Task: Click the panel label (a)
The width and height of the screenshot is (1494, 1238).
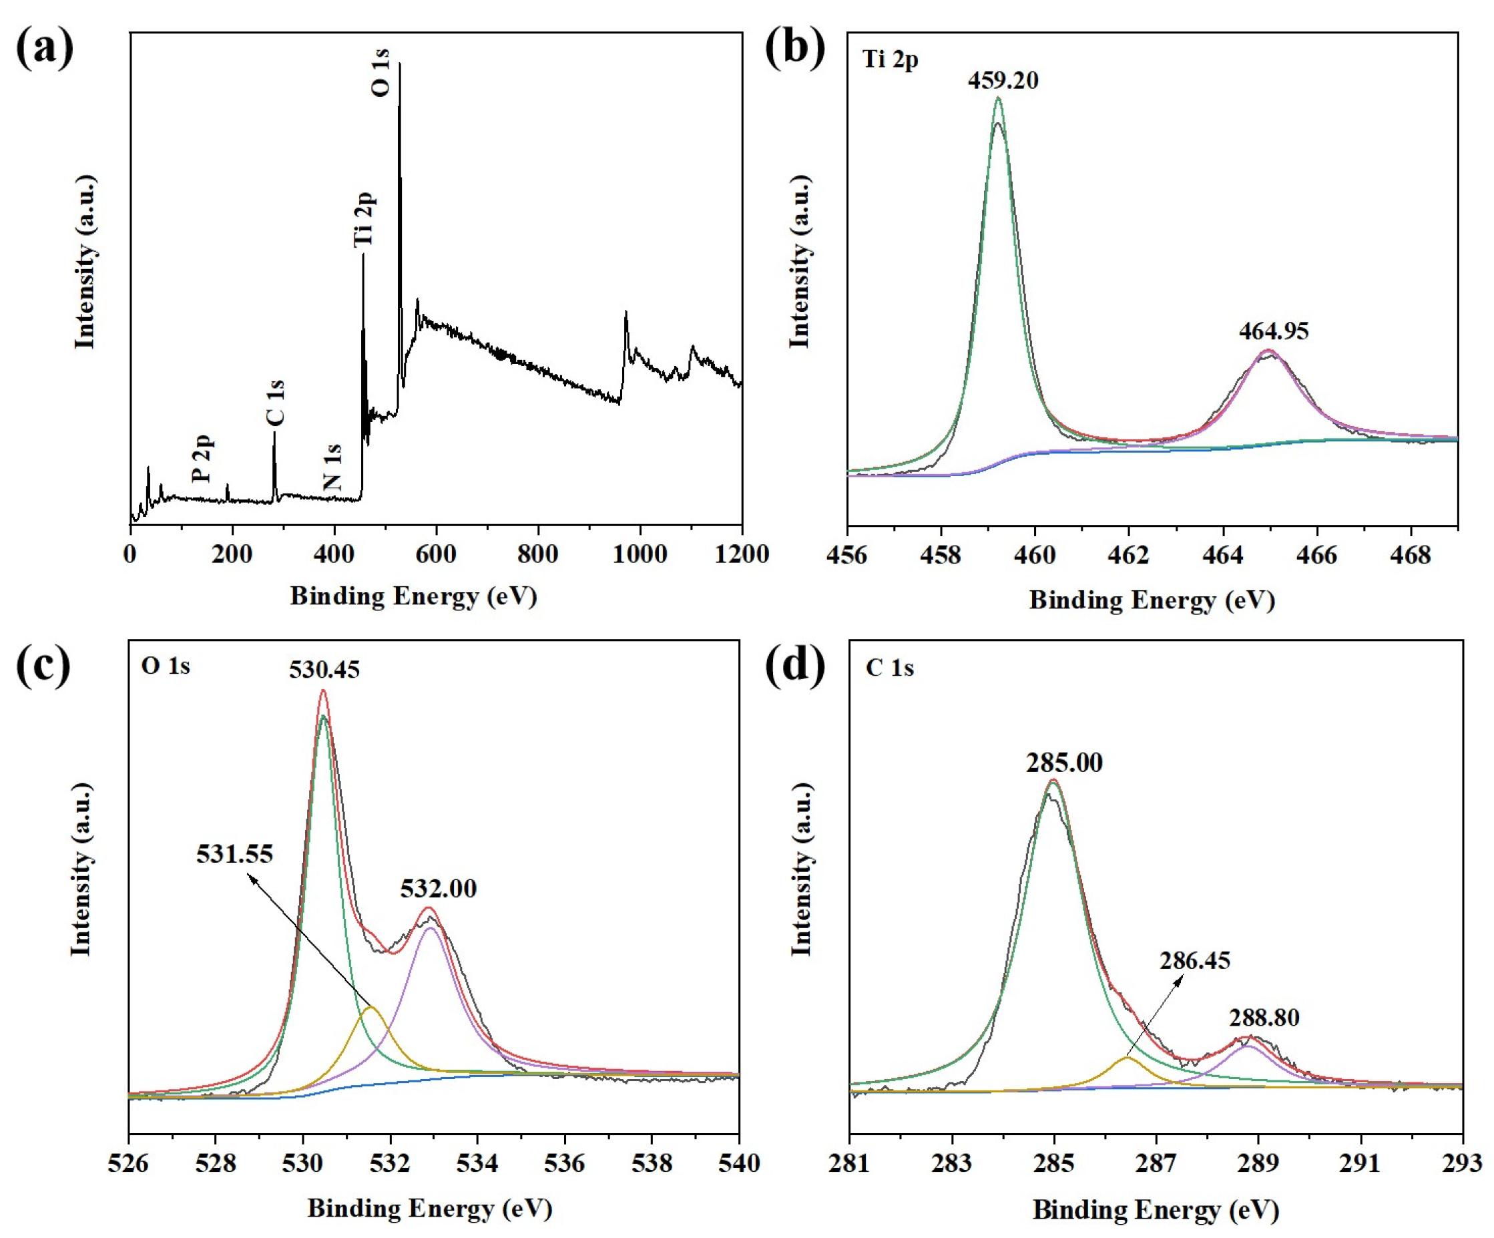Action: point(45,50)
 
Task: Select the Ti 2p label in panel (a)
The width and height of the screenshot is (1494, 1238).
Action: point(364,219)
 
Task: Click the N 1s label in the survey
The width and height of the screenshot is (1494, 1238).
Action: point(332,467)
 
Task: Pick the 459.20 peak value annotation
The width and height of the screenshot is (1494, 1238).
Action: point(1003,80)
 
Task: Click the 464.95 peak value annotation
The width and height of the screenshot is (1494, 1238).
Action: point(1274,331)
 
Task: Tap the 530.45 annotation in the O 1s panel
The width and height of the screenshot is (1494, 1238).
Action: point(324,670)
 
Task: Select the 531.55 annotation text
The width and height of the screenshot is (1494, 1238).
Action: point(235,854)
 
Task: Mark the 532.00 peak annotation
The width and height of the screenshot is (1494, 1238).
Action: point(438,889)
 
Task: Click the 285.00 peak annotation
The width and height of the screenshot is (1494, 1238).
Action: point(1063,763)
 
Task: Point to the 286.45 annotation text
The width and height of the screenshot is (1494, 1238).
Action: point(1194,960)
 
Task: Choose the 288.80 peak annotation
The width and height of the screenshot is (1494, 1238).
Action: point(1264,1018)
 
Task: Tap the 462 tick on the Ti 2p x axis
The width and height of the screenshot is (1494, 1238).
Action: point(1129,555)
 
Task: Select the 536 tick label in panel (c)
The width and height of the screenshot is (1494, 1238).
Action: point(565,1163)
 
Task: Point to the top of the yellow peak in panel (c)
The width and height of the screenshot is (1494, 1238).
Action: point(370,1008)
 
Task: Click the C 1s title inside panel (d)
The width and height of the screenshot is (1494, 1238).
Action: point(889,667)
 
